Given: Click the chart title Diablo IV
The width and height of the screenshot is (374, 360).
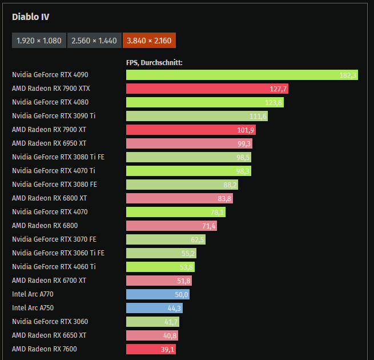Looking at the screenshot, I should (x=31, y=17).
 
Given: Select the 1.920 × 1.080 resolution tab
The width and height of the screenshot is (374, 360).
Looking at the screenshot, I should (x=39, y=41).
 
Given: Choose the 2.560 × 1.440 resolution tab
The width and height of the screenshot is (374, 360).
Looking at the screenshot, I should (x=94, y=41).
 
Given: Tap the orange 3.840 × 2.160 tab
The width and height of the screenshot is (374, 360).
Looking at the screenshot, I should (x=149, y=41).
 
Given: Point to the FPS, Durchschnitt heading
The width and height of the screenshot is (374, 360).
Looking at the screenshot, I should (x=154, y=62).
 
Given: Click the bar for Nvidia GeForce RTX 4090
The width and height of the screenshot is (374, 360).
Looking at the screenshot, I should (x=242, y=75).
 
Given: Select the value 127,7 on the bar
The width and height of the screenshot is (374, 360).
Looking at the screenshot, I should (x=278, y=89).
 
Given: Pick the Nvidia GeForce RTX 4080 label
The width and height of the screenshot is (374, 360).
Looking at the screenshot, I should (x=50, y=102).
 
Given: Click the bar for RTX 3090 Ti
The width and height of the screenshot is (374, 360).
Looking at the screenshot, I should (x=196, y=116).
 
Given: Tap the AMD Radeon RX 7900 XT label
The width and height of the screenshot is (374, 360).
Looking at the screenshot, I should (x=49, y=130).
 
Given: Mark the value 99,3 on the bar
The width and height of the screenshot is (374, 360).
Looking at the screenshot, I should (x=244, y=143).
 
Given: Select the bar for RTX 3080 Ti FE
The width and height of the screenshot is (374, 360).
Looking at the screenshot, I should (x=188, y=157).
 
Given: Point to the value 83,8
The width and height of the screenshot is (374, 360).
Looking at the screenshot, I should (x=224, y=198).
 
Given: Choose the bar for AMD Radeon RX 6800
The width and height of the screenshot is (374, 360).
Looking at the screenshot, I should (x=171, y=226).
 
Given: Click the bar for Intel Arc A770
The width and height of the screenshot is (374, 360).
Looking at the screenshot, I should (x=158, y=294).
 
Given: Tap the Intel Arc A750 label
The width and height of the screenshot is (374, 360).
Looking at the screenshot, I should (x=33, y=308).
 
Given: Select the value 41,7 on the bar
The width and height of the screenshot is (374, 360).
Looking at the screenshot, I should (x=171, y=322).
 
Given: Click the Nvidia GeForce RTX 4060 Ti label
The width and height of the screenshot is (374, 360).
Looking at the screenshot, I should (x=54, y=267).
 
